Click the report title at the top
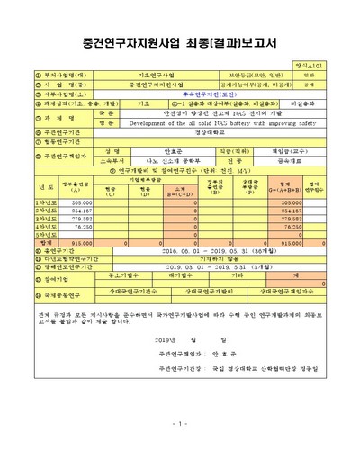coord(180,42)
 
